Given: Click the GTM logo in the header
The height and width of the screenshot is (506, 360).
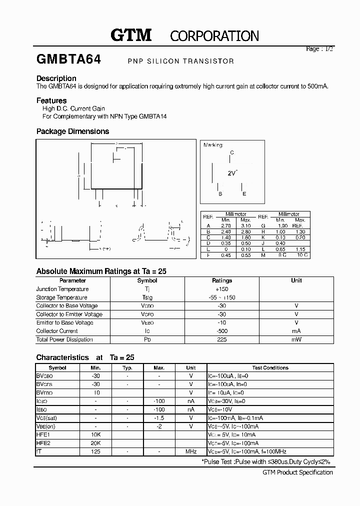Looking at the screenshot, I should pos(130,35).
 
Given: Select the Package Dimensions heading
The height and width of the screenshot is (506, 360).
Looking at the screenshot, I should pos(72,131).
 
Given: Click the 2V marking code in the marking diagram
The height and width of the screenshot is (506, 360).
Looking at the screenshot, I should pos(232,173).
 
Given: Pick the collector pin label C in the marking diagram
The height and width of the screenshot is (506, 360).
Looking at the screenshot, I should pos(231,153).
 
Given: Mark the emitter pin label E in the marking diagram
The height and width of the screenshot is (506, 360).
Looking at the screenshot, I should pos(244,194).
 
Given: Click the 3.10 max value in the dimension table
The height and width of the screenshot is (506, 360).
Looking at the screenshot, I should pos(245,226).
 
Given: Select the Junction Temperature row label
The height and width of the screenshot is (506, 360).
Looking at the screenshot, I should pos(62,289).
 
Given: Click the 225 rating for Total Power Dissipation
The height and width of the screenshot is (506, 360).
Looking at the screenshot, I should pos(222,339).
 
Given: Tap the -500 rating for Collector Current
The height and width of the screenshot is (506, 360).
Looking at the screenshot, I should pos(222,331).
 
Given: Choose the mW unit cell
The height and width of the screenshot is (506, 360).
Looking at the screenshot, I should pos(296,339).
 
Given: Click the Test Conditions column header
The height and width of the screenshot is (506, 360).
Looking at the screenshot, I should pos(270,367).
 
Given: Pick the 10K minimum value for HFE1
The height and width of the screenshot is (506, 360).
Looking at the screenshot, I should pos(96,434).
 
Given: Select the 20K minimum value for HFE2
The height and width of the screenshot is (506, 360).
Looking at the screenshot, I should pos(96,443).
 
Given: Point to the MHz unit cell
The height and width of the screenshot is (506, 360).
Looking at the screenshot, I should pos(190,451).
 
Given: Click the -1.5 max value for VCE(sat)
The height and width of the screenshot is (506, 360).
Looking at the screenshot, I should pos(159,417).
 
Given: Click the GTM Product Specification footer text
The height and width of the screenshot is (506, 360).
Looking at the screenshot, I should pos(297,472).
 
